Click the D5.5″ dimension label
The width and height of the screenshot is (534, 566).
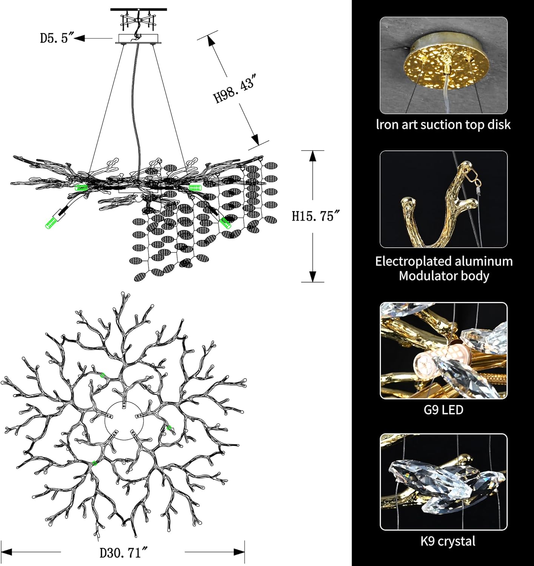(x=57, y=38)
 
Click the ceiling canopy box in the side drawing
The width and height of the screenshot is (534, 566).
(x=138, y=38)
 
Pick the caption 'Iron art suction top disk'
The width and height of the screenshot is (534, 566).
(x=443, y=125)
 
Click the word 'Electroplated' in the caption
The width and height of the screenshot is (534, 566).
(x=416, y=261)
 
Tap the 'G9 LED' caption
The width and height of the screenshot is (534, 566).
(x=443, y=410)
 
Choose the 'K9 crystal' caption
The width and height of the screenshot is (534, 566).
(x=448, y=541)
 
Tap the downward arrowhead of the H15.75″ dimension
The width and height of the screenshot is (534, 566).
(x=313, y=277)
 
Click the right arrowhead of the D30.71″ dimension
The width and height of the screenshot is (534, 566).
(x=239, y=552)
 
